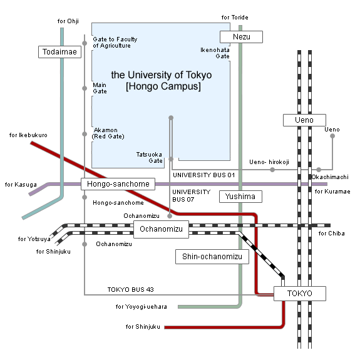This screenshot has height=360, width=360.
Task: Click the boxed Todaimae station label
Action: tap(60, 52)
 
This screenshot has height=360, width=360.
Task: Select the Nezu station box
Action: tap(241, 37)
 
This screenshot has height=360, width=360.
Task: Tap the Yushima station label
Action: tap(240, 197)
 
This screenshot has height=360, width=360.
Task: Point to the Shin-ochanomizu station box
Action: tap(212, 256)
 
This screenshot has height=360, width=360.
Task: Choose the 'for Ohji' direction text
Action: tap(68, 21)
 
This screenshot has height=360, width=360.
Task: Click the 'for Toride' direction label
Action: tap(235, 18)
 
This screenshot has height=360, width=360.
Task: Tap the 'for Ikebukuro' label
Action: tap(29, 135)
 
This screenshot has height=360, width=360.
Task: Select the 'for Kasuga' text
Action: tap(21, 185)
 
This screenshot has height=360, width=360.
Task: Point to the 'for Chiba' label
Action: tap(331, 234)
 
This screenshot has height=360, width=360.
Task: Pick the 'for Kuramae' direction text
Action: tap(332, 192)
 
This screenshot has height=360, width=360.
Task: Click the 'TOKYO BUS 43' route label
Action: tap(130, 289)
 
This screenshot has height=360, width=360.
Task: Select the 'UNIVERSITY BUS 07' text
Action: tap(191, 195)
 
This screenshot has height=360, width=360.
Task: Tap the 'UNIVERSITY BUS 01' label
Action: tap(203, 175)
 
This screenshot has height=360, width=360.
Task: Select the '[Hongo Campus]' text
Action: tap(163, 87)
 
